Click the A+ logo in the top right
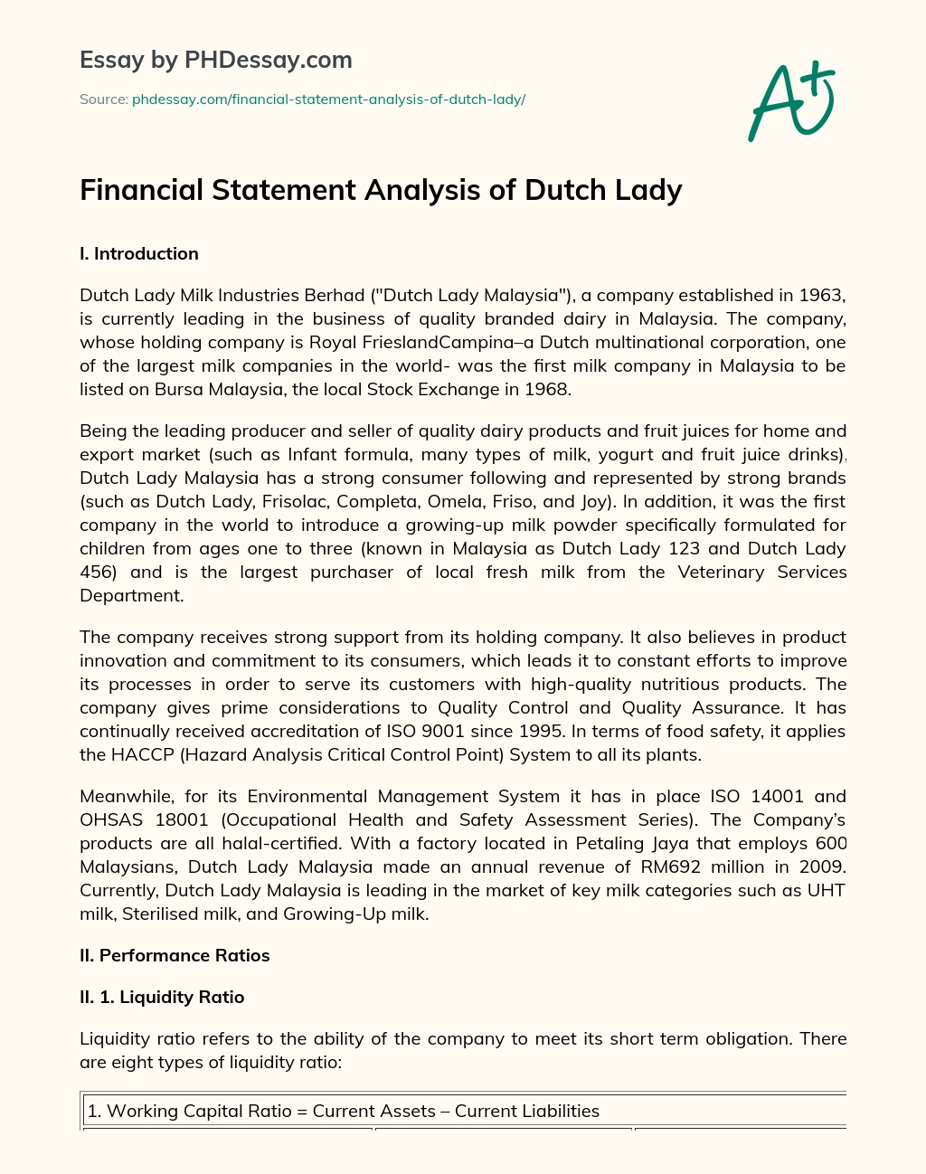coord(791,100)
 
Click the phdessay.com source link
coord(328,99)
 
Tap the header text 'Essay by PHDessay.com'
coord(216,60)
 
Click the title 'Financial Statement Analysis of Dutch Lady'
coord(381,190)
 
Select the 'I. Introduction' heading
coord(139,253)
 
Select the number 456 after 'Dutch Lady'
coord(97,572)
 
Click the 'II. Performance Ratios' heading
coord(175,955)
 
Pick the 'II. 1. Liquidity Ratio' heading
coord(162,997)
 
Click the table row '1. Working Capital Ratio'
coord(344,1111)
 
